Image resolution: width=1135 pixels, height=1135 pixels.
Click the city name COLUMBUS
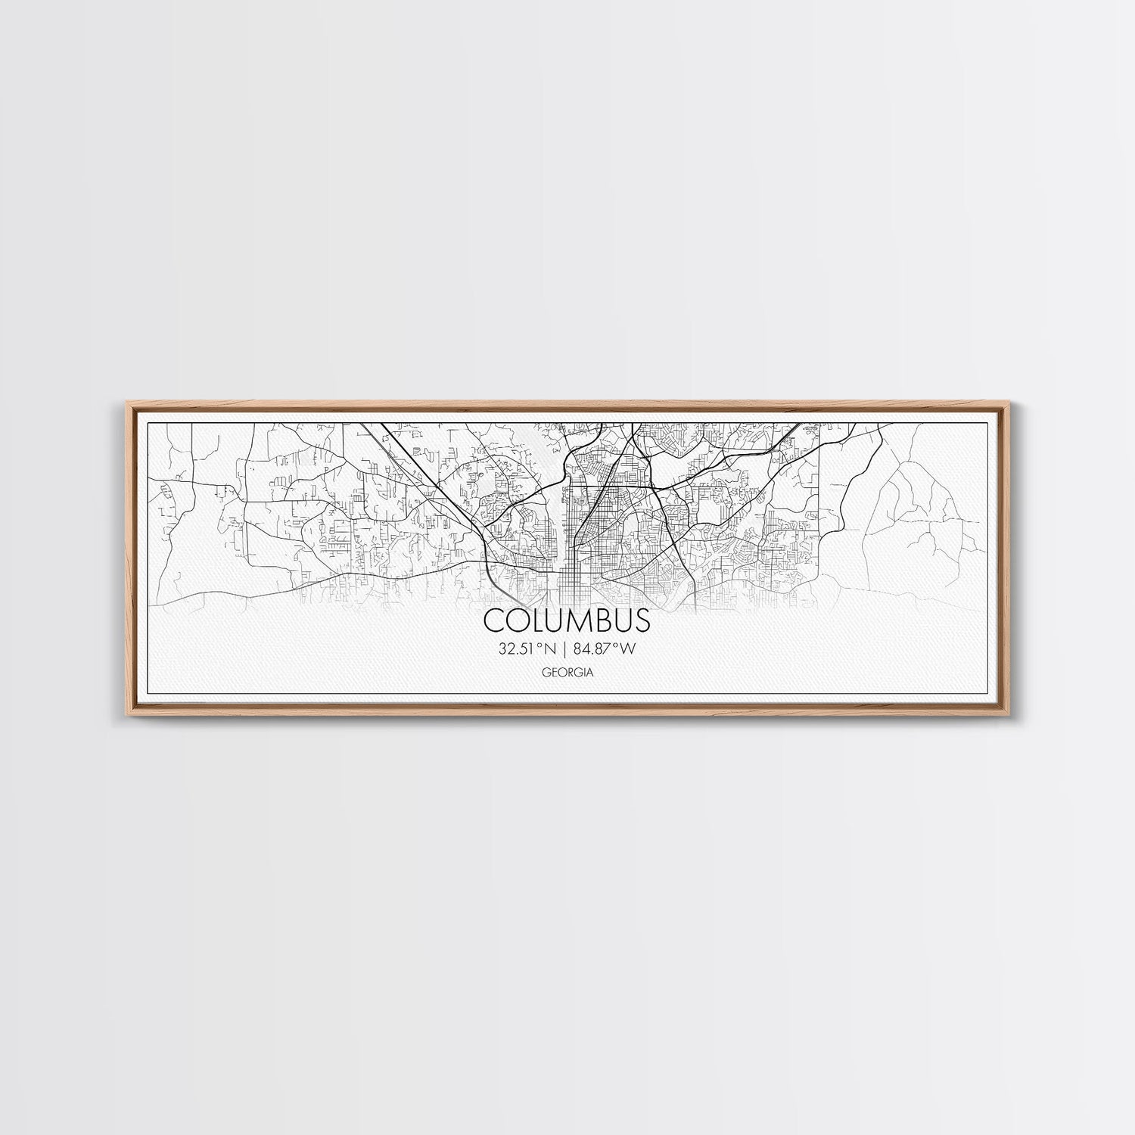click(x=567, y=620)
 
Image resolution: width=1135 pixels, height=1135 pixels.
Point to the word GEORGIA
click(x=567, y=672)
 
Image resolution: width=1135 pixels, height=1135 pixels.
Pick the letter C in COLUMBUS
click(x=493, y=620)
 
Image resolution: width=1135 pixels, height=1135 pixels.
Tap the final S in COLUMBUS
click(x=641, y=620)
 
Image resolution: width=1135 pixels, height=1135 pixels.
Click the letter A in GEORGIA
click(x=589, y=672)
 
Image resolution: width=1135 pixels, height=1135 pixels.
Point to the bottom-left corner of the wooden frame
click(x=121, y=716)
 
